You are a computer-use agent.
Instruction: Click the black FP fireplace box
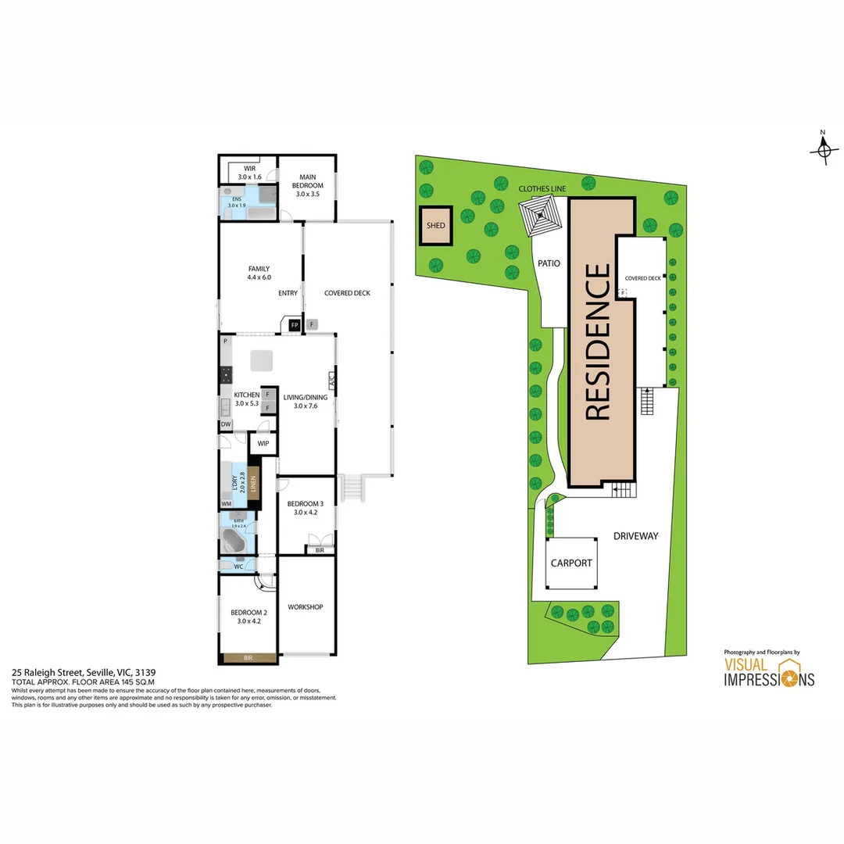point(295,324)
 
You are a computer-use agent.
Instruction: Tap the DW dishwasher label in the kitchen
point(225,424)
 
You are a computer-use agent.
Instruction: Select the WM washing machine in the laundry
point(226,504)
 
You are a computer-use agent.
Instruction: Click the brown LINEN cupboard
point(252,480)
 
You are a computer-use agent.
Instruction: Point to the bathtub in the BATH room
point(234,541)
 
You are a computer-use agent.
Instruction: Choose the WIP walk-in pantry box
point(263,443)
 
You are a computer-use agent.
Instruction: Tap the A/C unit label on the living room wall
point(331,381)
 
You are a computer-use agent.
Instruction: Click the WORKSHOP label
point(305,607)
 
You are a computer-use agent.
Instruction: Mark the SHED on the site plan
point(435,225)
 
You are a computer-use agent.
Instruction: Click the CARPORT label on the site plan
point(571,563)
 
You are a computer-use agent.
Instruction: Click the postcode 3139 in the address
point(145,671)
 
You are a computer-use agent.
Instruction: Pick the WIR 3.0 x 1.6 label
point(249,173)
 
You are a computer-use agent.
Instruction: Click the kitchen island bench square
point(261,361)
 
